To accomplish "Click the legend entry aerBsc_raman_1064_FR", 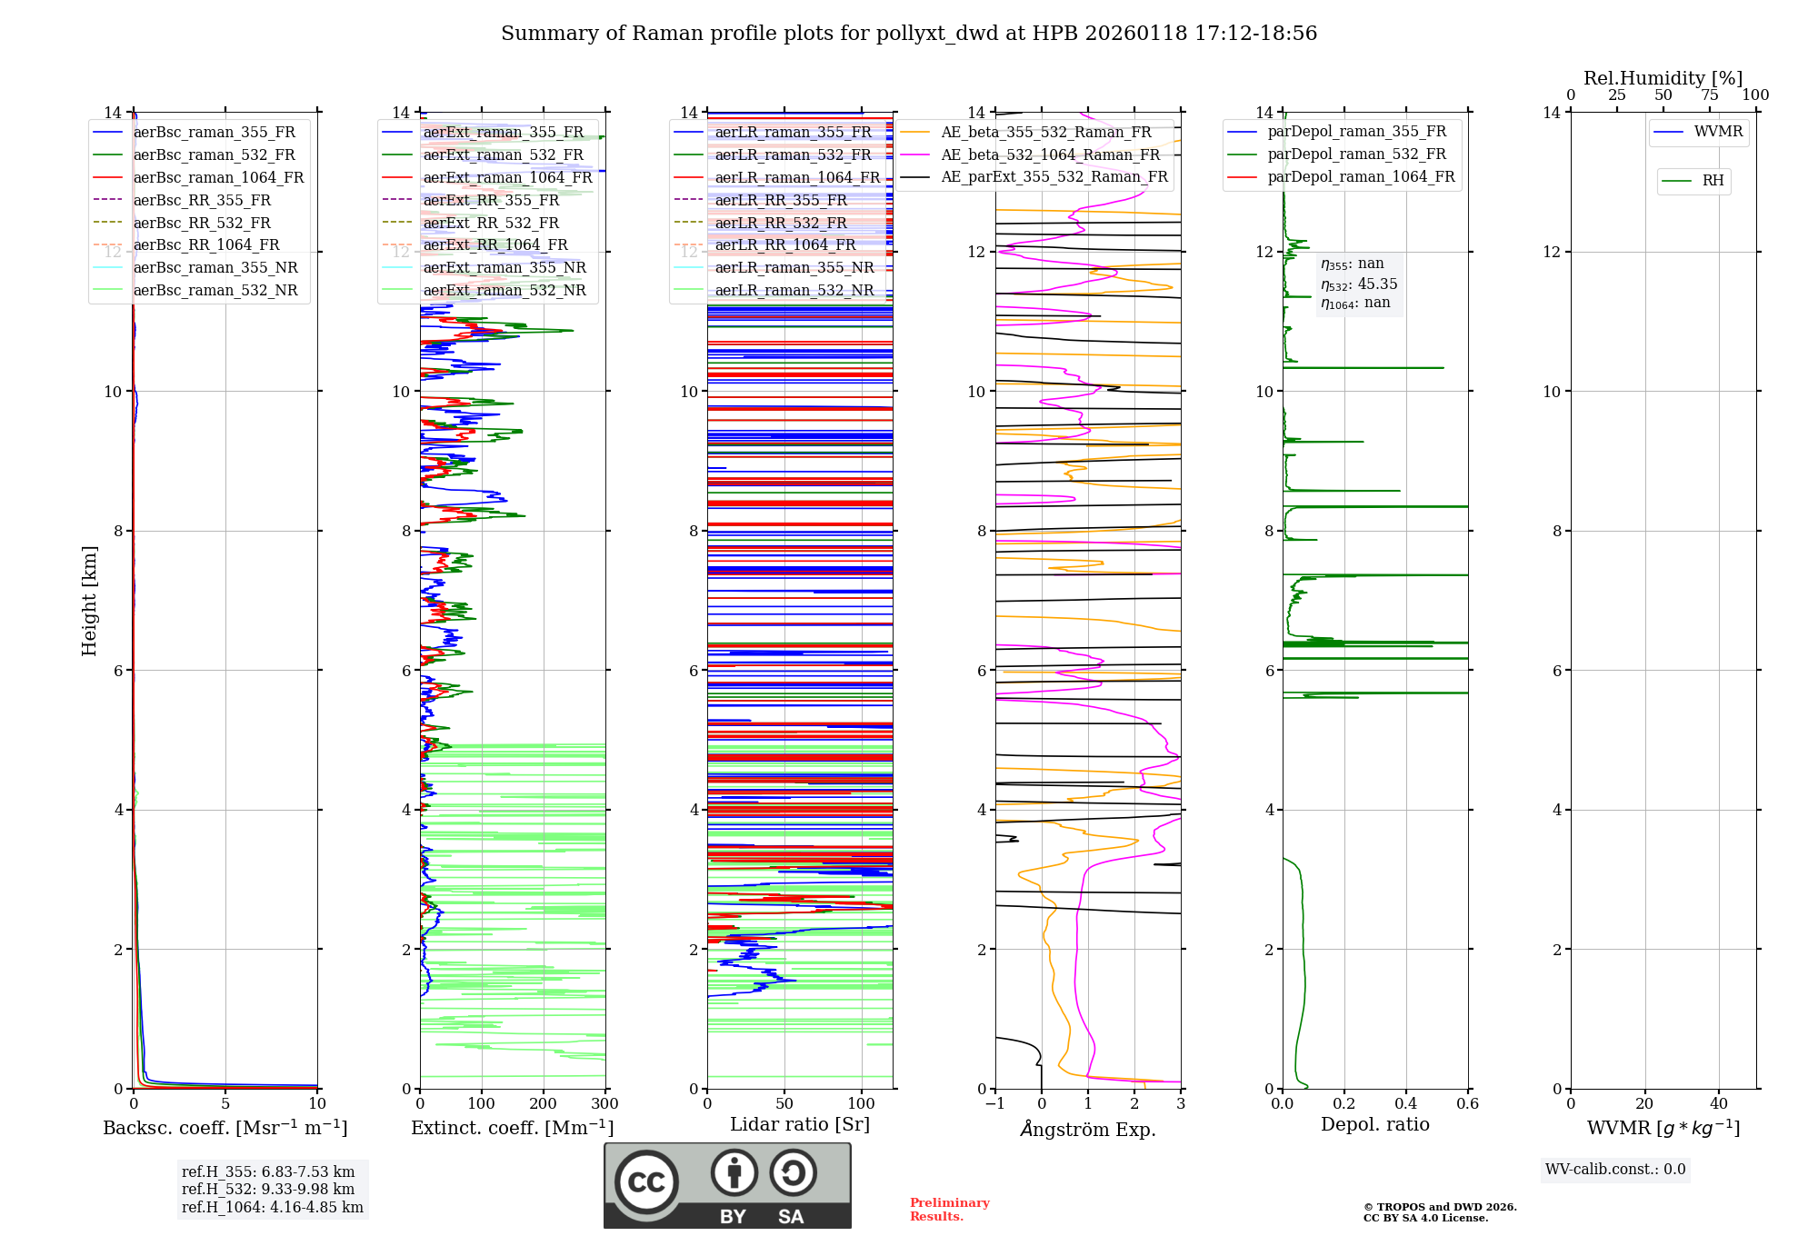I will (218, 178).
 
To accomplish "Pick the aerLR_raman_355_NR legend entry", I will (794, 267).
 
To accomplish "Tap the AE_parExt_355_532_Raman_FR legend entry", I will (1054, 176).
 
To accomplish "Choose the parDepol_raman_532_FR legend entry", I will (1356, 154).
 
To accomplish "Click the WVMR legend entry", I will (1718, 132).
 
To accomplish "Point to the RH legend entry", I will (1713, 181).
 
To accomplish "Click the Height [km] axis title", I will (89, 601).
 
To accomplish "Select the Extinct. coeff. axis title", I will (512, 1128).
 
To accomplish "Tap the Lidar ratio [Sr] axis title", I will (800, 1124).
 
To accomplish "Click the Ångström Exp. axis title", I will (1088, 1129).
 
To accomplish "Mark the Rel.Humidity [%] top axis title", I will (1663, 78).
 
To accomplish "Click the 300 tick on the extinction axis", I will (604, 1104).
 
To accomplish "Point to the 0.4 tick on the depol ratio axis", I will (1405, 1104).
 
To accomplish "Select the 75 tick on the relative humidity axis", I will (1709, 95).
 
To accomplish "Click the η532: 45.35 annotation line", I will (1359, 284).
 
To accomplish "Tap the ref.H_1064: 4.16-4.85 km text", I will (272, 1207).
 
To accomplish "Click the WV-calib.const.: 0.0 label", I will (1614, 1170).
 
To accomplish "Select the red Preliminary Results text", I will (949, 1210).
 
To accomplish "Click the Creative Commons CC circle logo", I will (646, 1182).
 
